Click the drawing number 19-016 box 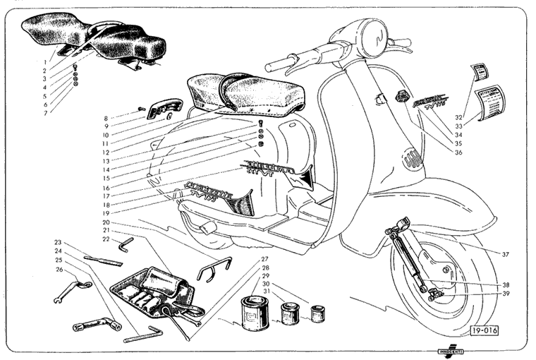[484, 329]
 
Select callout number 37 [506, 253]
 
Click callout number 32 [458, 117]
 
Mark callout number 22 [106, 239]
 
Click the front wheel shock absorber [410, 258]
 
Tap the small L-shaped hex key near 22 [126, 244]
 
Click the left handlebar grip [281, 64]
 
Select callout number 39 [506, 294]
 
